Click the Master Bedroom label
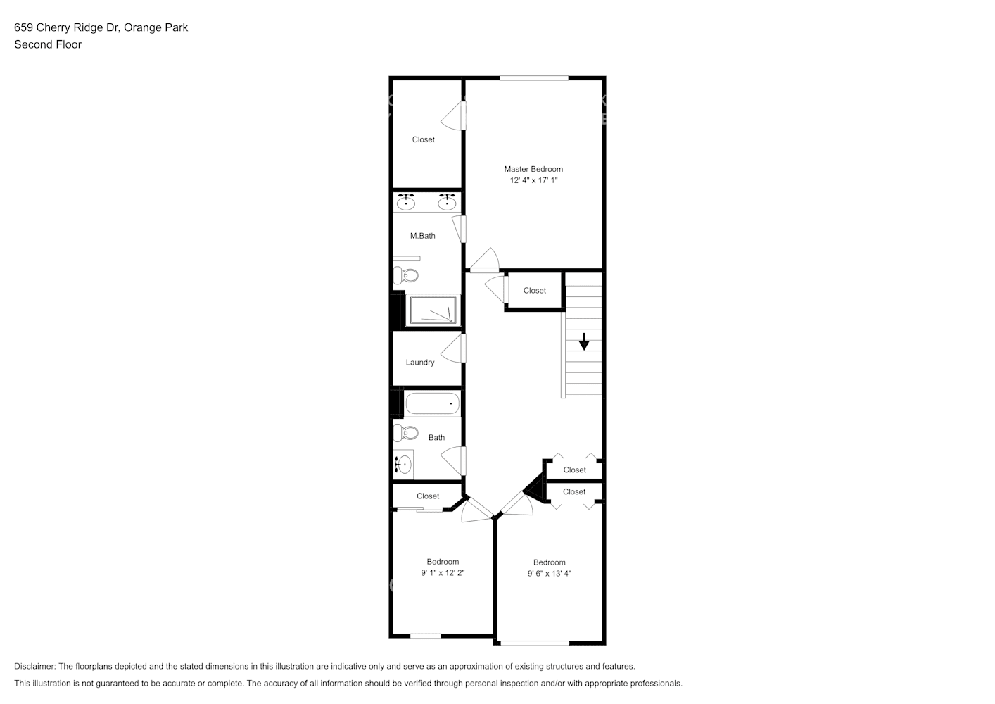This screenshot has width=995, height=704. tap(533, 169)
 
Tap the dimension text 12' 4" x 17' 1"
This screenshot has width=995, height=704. tap(533, 180)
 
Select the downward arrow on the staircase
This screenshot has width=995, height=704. tap(584, 342)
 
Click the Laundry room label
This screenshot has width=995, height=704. tap(420, 363)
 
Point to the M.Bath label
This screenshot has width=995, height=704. tap(422, 236)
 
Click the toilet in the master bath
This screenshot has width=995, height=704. tap(406, 275)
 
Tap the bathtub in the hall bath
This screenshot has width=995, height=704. tap(432, 404)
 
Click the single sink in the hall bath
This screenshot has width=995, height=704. tap(403, 465)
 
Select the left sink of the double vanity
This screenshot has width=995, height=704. tap(405, 203)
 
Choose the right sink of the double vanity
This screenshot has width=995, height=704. tap(446, 203)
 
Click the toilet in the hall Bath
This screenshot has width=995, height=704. tap(406, 432)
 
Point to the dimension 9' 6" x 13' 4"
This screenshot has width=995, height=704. tap(549, 574)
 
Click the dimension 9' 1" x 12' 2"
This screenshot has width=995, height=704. tap(443, 573)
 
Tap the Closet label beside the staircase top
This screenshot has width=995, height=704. tap(534, 291)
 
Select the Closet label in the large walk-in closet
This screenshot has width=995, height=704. tap(423, 139)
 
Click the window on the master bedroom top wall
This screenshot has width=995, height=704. tap(533, 78)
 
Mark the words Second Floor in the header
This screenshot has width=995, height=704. tap(48, 44)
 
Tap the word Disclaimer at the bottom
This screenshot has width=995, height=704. tap(34, 666)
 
